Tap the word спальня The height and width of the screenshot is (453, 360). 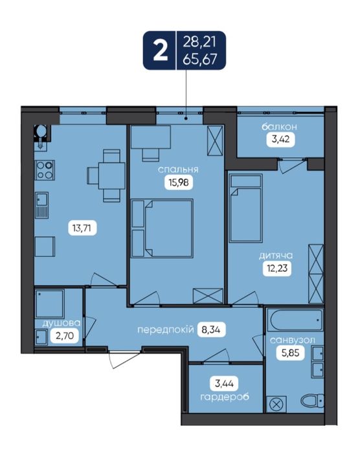178,170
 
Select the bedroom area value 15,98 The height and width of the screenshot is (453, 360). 179,182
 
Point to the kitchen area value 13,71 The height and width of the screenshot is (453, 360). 82,228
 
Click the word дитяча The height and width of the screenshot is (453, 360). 276,256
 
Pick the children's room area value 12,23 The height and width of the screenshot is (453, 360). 277,268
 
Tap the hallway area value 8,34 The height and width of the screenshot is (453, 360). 211,329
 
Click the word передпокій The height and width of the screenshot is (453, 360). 165,329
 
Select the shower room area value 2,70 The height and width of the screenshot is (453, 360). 65,336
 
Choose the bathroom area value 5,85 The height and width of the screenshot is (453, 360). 290,353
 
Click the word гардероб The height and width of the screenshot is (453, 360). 225,397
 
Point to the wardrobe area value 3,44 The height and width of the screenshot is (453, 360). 225,384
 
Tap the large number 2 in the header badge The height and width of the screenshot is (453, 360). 160,51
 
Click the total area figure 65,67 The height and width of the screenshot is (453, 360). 200,60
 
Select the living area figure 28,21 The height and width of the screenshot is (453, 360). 199,42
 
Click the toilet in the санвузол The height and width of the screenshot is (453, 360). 312,401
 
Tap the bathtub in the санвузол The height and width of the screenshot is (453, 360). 295,320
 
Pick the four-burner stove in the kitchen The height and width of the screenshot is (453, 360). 45,170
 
